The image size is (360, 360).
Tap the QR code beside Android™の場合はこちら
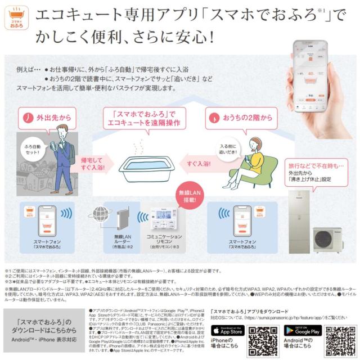click(340, 339)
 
